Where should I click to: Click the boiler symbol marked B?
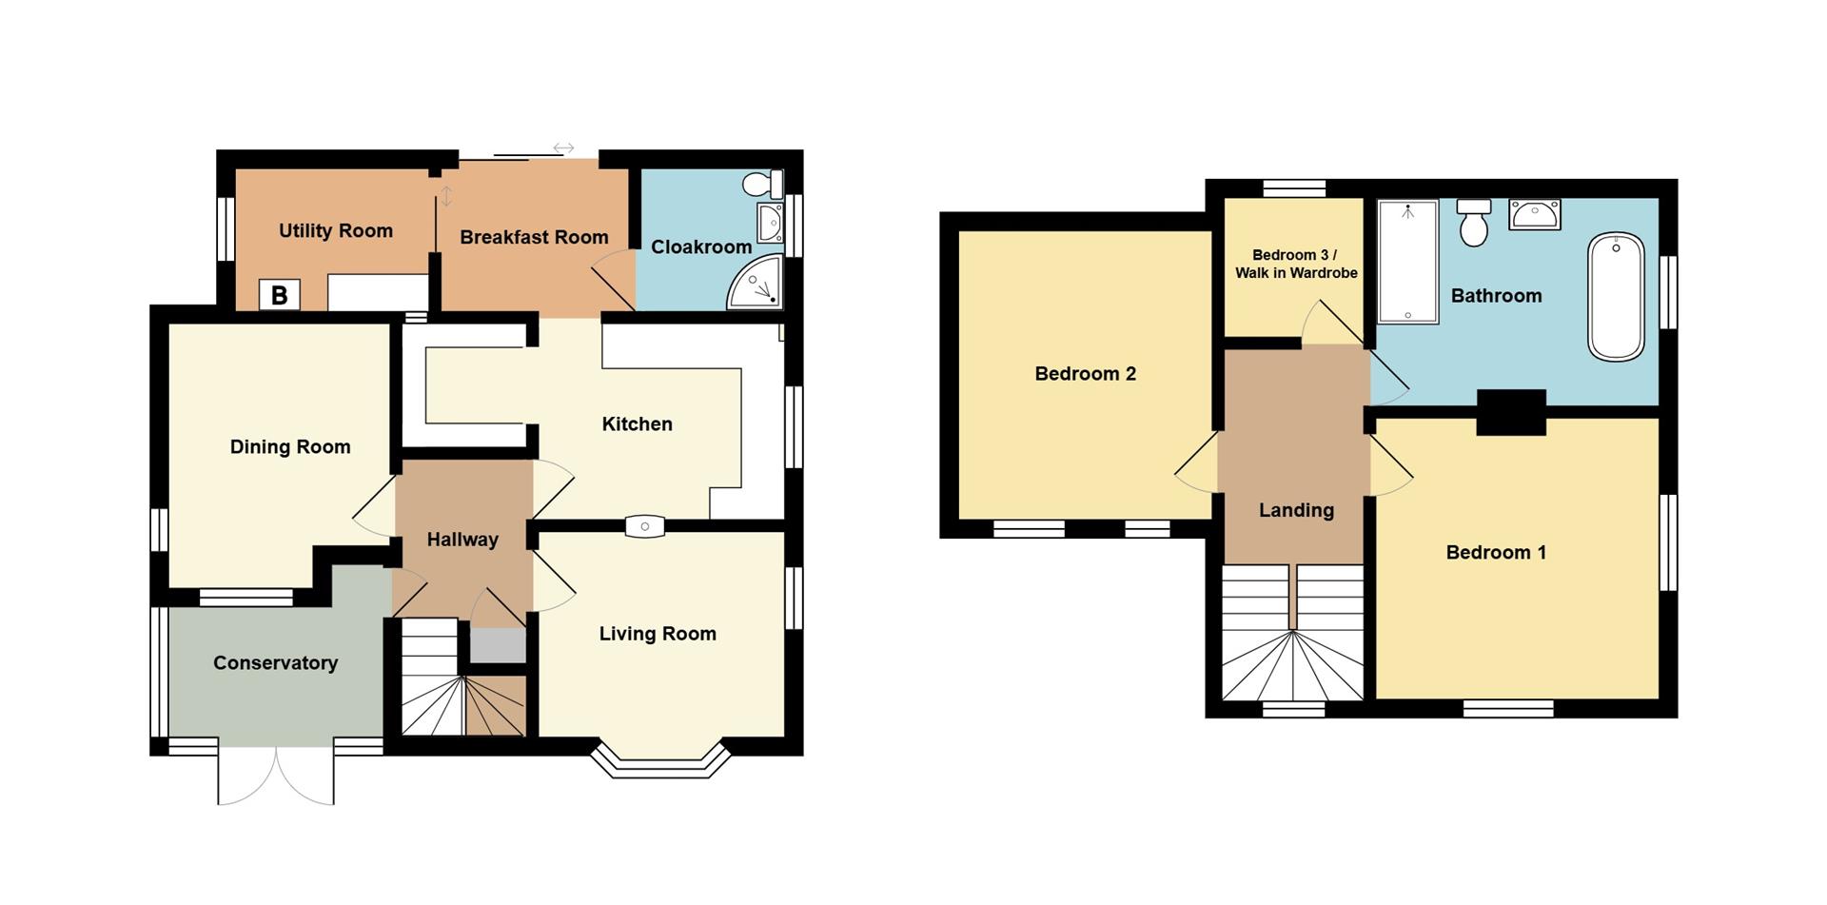tap(279, 295)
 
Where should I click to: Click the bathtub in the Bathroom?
tap(1616, 296)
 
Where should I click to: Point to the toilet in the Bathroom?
tap(1473, 223)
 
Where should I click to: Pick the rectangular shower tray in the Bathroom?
tap(1407, 261)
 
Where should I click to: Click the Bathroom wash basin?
tap(1534, 215)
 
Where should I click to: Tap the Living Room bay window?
tap(660, 761)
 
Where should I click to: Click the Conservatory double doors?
tap(276, 776)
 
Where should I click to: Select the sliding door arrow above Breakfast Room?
tap(563, 148)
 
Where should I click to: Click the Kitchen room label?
tap(637, 424)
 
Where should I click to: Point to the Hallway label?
tap(462, 540)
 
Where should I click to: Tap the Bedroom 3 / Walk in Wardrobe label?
tap(1296, 264)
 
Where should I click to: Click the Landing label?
tap(1296, 510)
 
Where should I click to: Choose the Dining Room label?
tap(290, 447)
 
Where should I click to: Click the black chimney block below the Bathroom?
tap(1511, 413)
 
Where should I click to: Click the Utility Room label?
tap(335, 230)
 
